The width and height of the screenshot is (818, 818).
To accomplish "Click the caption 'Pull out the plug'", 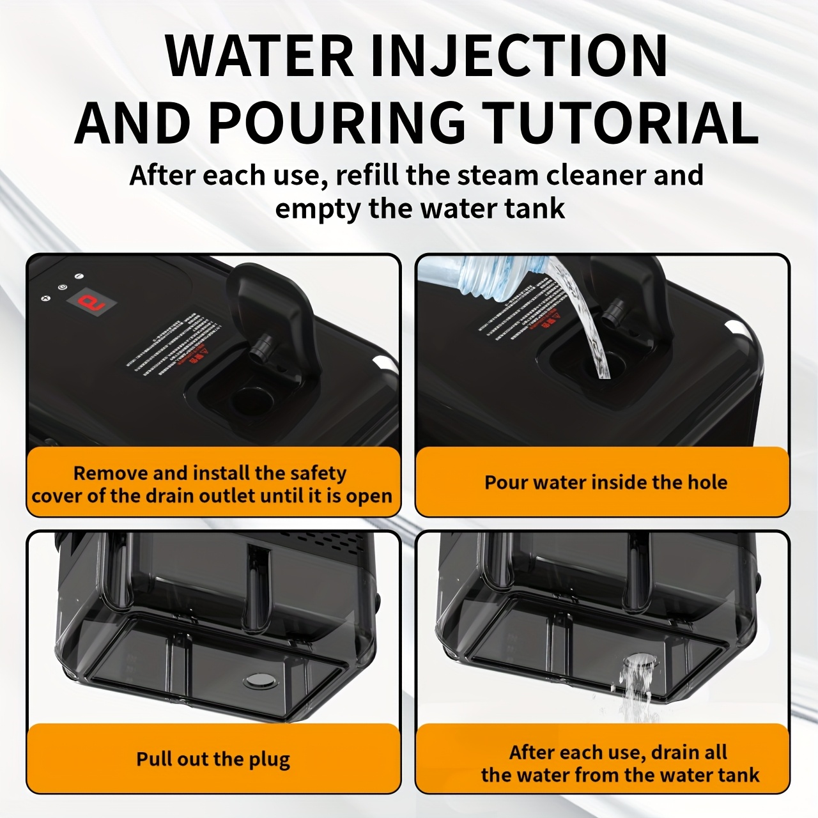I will pyautogui.click(x=213, y=759).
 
